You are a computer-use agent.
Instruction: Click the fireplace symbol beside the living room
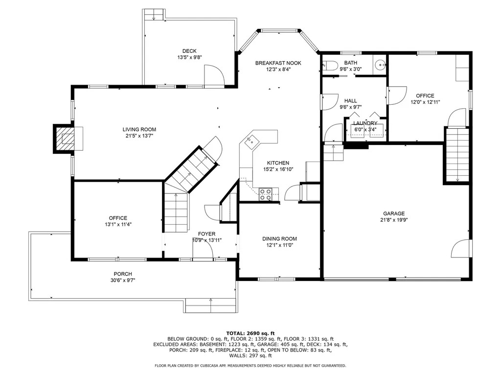tap(65, 139)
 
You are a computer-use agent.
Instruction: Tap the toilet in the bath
tap(329, 66)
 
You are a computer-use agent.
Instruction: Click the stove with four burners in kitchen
tap(265, 194)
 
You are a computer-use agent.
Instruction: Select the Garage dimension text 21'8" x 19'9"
tap(394, 220)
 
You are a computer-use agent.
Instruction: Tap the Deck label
tap(189, 51)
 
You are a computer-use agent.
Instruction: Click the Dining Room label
tap(279, 239)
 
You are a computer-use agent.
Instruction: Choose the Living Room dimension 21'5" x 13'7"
tap(139, 136)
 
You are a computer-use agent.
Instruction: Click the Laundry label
tap(365, 123)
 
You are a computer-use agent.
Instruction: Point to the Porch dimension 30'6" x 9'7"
tap(123, 281)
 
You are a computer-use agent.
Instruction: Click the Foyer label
tap(206, 234)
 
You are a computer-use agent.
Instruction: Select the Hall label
tap(350, 101)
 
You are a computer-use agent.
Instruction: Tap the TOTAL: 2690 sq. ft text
tap(250, 332)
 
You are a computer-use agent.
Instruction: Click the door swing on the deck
tap(213, 76)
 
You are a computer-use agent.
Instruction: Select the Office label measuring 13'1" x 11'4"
tap(118, 218)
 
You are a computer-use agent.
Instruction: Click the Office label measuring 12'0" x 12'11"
tap(425, 96)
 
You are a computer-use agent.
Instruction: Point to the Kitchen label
tap(277, 163)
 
